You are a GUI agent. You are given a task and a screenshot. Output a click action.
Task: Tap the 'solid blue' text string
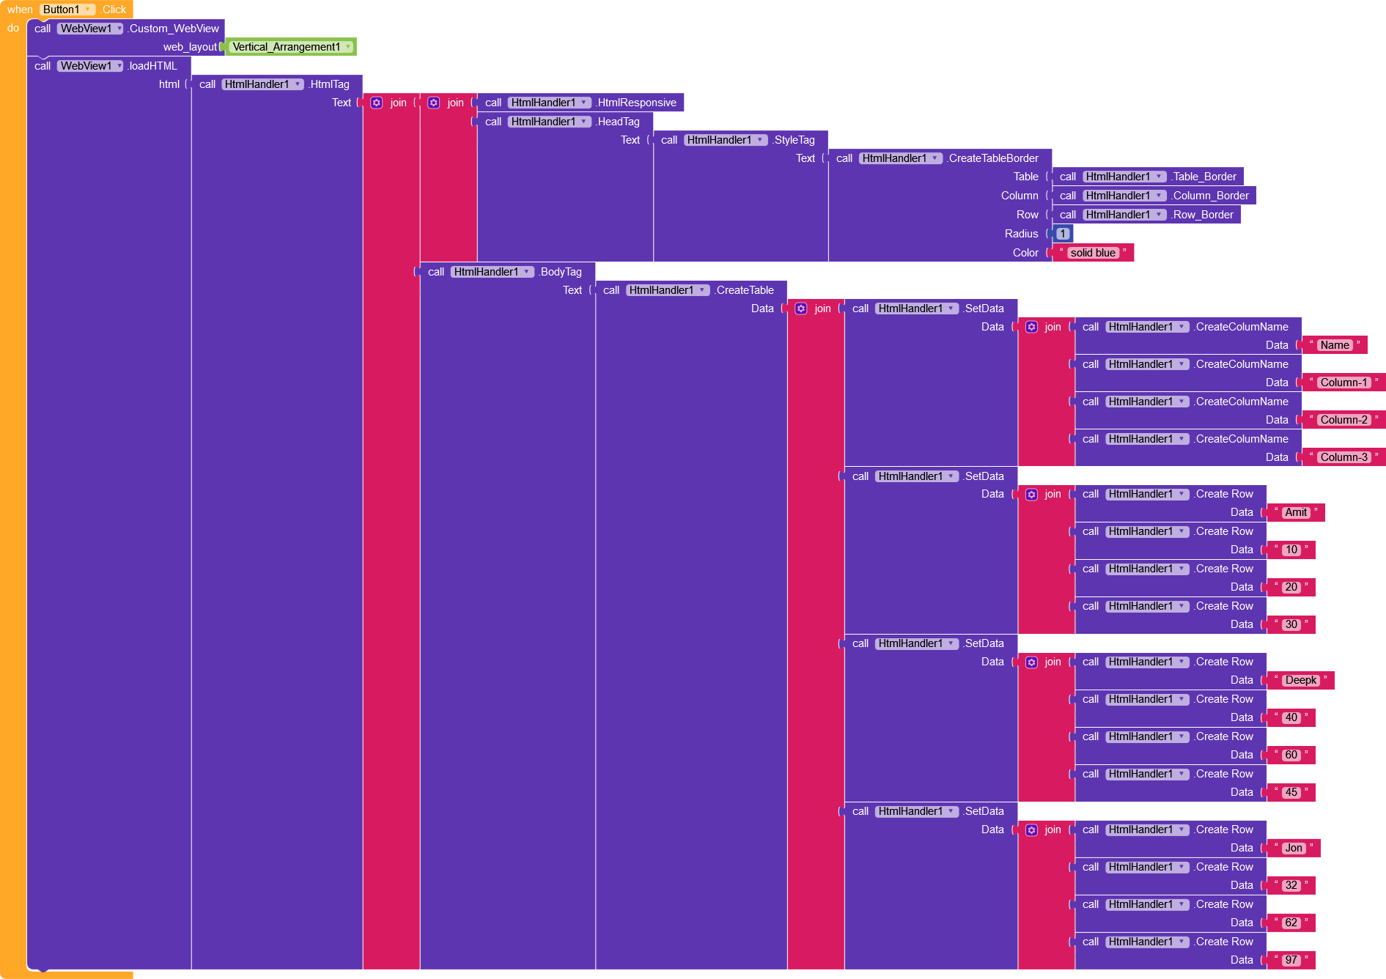tap(1092, 253)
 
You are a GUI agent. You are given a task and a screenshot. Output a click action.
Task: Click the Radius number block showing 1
tap(1063, 234)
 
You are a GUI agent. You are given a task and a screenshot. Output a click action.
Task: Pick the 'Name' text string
tap(1334, 345)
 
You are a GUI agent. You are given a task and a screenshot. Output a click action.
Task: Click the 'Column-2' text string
tap(1343, 420)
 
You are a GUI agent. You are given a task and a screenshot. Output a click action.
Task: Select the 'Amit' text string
tap(1295, 512)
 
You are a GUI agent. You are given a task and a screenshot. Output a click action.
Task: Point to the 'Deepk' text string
tap(1300, 680)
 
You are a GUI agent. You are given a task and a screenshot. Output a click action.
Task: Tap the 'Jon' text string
tap(1294, 848)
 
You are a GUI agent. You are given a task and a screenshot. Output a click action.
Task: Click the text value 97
tap(1291, 960)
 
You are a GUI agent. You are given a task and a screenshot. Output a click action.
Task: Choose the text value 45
tap(1291, 792)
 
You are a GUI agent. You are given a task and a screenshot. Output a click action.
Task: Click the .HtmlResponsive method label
tap(636, 103)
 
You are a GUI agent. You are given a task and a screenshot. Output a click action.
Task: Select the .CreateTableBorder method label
tap(993, 158)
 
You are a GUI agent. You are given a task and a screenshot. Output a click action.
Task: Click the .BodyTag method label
tap(561, 272)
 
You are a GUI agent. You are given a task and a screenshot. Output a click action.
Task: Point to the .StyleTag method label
tap(794, 140)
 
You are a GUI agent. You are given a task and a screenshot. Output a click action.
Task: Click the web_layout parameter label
tap(190, 47)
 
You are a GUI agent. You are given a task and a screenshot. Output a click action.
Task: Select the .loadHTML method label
tap(152, 66)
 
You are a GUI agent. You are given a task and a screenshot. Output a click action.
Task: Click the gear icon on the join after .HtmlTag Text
tap(377, 103)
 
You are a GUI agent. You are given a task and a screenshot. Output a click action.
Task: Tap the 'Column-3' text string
tap(1343, 457)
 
